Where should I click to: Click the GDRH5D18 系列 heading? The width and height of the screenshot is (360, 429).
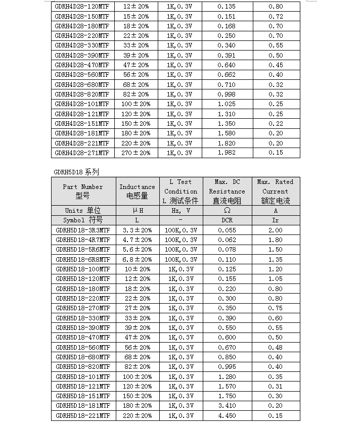click(76, 172)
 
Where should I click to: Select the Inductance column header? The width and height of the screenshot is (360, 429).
click(137, 192)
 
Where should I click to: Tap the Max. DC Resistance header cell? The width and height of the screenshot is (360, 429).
click(227, 192)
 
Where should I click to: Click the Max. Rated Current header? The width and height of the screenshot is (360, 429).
click(276, 192)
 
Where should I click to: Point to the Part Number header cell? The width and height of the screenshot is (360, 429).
click(83, 192)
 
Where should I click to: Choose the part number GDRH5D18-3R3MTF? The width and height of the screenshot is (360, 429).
click(83, 230)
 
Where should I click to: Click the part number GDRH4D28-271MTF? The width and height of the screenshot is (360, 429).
click(82, 153)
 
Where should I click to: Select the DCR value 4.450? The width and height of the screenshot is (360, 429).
click(227, 415)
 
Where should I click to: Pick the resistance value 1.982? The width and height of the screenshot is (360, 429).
click(227, 153)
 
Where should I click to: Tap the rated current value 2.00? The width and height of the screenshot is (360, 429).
click(276, 230)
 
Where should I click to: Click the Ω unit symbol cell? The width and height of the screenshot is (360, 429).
click(227, 210)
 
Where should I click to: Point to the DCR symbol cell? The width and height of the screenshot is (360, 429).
click(227, 220)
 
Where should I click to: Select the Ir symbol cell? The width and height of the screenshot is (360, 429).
click(276, 220)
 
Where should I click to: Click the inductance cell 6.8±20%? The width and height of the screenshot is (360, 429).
click(137, 259)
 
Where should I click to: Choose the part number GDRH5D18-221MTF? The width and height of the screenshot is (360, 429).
click(83, 415)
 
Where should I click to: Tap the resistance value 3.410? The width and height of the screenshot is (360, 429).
click(227, 406)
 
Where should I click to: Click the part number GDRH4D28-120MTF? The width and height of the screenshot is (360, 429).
click(82, 7)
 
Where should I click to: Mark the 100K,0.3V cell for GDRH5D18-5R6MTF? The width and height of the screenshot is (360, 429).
click(181, 250)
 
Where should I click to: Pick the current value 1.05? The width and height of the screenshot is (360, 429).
click(276, 279)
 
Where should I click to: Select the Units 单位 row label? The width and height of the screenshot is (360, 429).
click(83, 210)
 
